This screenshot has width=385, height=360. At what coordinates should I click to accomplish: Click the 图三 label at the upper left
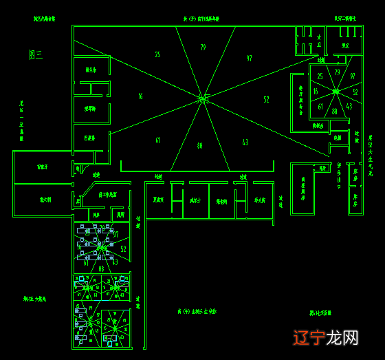36,54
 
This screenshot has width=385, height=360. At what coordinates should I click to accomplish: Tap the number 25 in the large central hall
157,54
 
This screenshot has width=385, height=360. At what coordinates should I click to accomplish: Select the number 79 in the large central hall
203,47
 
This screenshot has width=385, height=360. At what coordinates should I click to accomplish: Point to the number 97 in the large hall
249,59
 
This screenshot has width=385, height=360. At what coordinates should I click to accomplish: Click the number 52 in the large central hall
266,100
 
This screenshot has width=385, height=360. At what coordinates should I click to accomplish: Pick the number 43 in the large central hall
245,142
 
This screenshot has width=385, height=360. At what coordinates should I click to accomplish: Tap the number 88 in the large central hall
199,146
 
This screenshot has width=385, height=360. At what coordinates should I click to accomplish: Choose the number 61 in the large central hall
157,140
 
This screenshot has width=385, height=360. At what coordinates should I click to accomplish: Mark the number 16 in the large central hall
140,97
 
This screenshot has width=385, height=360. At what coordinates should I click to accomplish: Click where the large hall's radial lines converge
203,100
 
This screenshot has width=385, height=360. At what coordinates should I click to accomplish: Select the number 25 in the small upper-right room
320,76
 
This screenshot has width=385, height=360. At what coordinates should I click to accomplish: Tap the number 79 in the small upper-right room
337,72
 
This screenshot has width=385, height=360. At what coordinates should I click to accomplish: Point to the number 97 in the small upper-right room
353,76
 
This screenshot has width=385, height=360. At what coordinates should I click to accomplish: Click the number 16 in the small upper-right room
316,92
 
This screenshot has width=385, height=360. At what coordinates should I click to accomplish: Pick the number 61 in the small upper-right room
320,107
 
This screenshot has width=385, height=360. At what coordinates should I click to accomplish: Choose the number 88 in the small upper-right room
335,111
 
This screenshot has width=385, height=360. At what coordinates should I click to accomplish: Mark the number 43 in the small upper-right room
349,107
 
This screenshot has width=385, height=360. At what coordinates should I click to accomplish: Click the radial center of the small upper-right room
336,91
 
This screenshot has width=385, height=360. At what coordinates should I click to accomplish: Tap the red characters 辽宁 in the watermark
309,337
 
